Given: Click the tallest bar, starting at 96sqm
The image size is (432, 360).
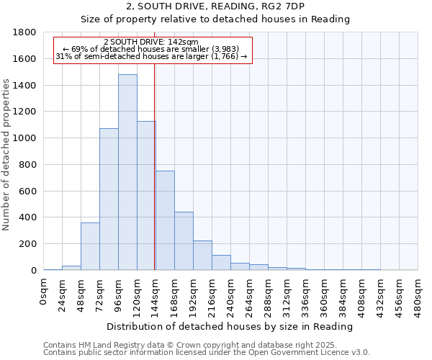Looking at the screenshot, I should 127,173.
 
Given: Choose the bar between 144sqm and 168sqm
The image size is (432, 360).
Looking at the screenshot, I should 165,220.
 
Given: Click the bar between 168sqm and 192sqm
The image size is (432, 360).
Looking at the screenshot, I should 184,241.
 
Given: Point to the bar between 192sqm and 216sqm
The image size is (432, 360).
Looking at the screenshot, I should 202,256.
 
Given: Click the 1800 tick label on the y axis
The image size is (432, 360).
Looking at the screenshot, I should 24,32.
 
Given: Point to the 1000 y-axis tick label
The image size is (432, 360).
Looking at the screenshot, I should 24,138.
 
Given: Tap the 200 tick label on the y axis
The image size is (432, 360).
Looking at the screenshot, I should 27,244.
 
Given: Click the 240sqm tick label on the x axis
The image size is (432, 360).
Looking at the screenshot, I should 231,297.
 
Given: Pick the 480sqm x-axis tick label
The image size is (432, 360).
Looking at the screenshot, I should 418,297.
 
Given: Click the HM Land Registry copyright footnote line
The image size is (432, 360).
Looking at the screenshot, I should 206,346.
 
